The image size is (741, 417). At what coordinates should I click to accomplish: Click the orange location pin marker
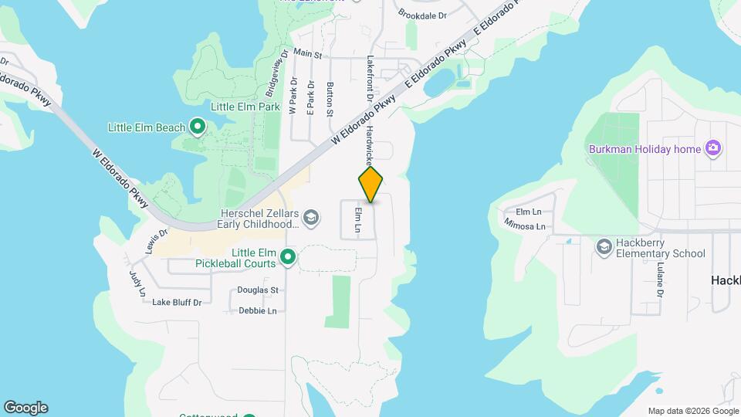[370, 185]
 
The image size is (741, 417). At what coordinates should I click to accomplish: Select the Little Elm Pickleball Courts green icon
[288, 257]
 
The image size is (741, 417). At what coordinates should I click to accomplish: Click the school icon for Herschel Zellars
[310, 217]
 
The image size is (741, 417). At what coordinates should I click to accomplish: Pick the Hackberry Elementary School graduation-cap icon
[604, 246]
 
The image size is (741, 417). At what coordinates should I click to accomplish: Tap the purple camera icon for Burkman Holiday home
[713, 148]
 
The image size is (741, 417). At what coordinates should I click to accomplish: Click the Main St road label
[307, 55]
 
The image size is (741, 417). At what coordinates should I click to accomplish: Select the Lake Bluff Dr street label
[177, 302]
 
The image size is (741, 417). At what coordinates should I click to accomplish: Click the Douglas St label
[257, 290]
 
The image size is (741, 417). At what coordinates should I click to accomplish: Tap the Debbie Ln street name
[257, 310]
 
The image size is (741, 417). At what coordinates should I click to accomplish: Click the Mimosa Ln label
[525, 226]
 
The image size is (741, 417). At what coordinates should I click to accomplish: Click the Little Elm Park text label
[245, 107]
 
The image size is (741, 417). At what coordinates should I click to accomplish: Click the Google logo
[25, 408]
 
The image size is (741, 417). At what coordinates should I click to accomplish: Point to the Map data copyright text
[692, 411]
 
